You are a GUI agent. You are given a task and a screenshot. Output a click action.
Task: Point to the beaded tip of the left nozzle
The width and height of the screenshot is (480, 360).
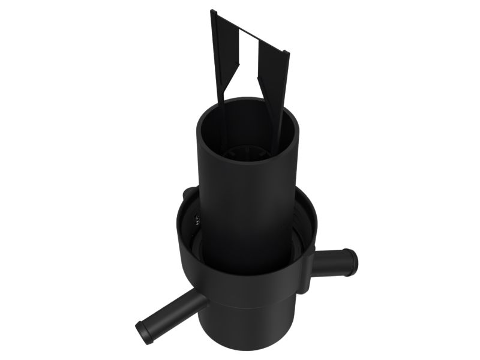coord(143,332)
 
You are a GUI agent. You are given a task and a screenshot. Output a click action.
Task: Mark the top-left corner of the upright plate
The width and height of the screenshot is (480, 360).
coord(212,11)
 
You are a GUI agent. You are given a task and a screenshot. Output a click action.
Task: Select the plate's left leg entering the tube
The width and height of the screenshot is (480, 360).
coord(221,120)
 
